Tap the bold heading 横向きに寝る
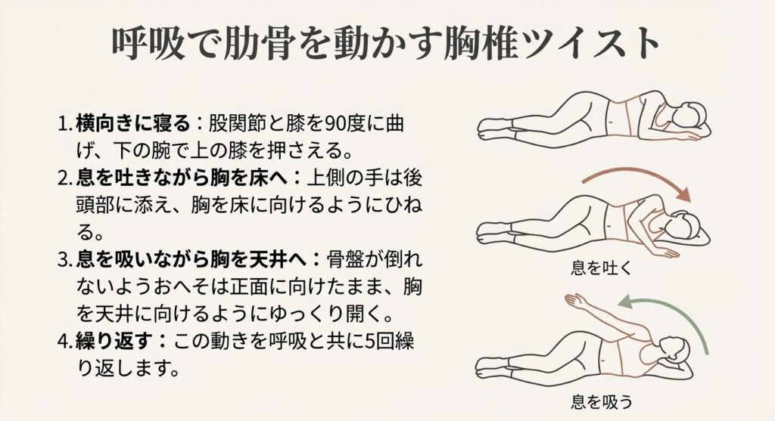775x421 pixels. pos(133,123)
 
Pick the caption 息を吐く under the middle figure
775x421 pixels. pos(602,268)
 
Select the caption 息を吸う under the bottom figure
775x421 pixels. pos(602,401)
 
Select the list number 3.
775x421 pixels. pos(63,260)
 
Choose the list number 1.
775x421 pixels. pos(63,124)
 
